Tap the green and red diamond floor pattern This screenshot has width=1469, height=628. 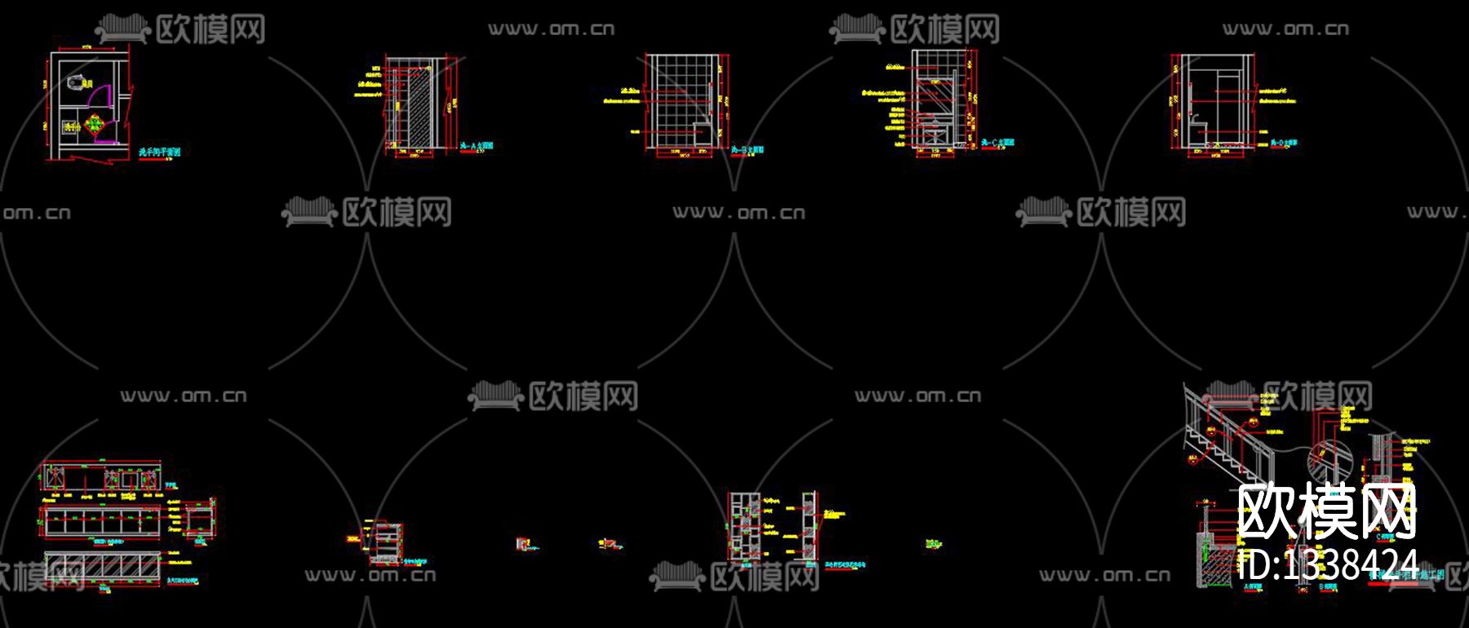(94, 125)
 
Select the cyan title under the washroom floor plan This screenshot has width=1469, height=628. (159, 152)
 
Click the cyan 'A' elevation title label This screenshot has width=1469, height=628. (476, 146)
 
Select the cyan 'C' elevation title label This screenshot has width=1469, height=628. (997, 143)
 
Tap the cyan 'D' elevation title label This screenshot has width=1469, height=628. (1283, 144)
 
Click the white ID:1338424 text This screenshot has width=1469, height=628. (1329, 564)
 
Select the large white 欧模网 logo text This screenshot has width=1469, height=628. (1326, 512)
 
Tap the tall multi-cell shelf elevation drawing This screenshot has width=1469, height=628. (744, 526)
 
